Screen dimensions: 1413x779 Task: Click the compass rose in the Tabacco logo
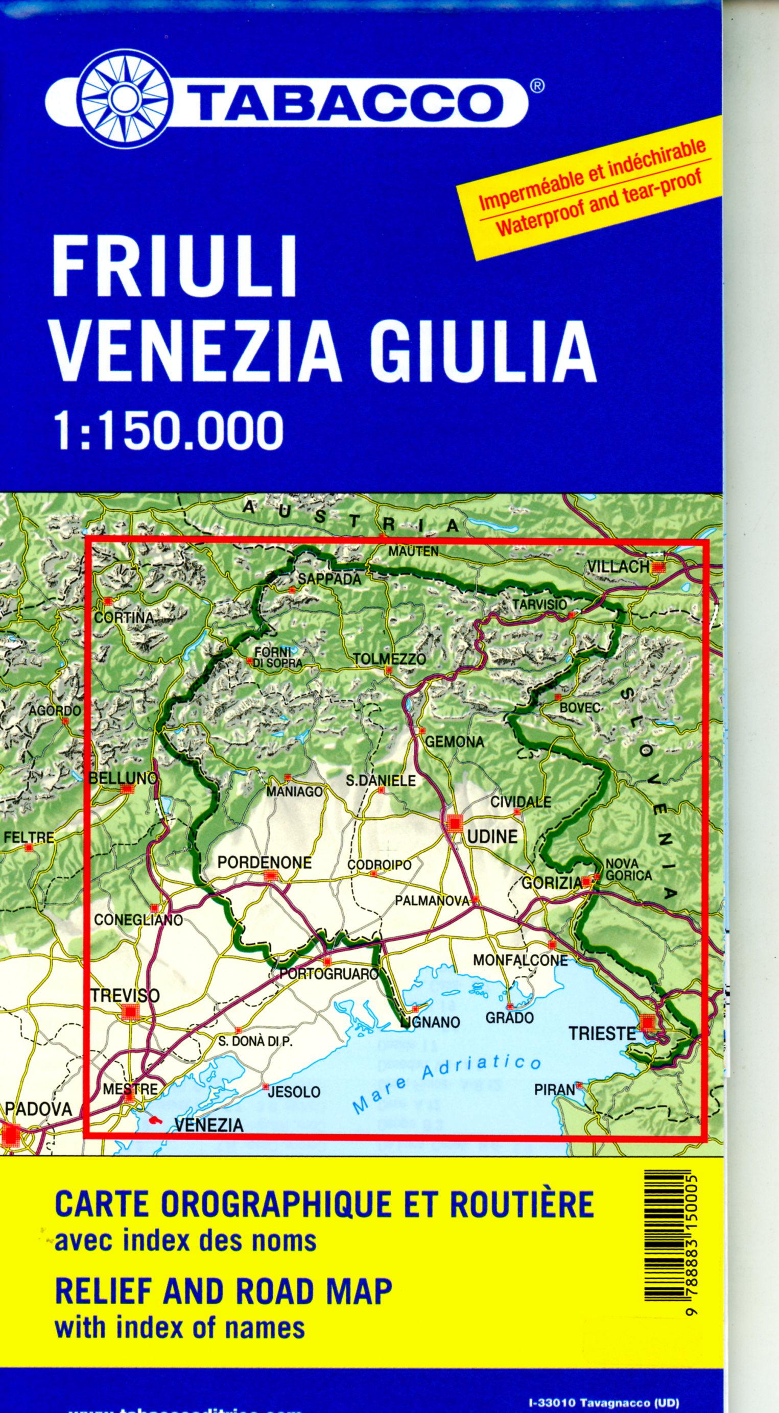pyautogui.click(x=125, y=99)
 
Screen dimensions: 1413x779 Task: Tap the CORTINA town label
pyautogui.click(x=125, y=617)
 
